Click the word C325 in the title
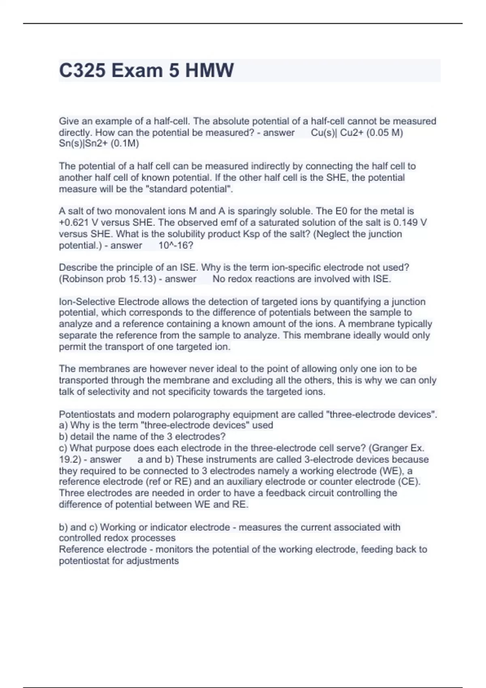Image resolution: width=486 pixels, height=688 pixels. [x=82, y=70]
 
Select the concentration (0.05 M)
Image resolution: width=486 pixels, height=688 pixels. [x=384, y=133]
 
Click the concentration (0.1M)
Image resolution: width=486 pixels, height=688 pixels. [x=125, y=144]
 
